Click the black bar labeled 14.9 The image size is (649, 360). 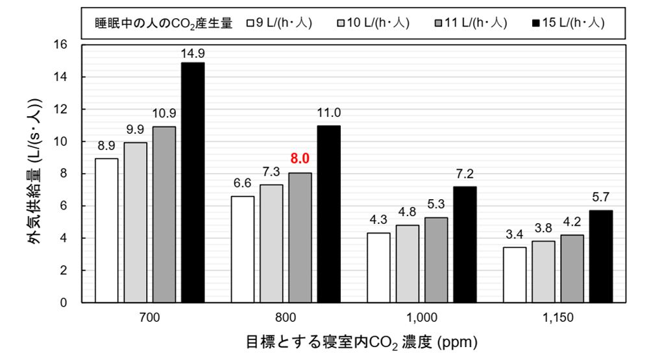point(193,182)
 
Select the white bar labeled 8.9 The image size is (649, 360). point(106,230)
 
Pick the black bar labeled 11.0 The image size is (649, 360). point(328,214)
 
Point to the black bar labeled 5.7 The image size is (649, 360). point(600,256)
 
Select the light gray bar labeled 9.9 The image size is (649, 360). point(135,222)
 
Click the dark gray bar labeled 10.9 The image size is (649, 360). point(164,214)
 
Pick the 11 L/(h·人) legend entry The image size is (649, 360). point(470,23)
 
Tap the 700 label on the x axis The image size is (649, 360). point(149,318)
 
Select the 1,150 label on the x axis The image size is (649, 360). point(556,318)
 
